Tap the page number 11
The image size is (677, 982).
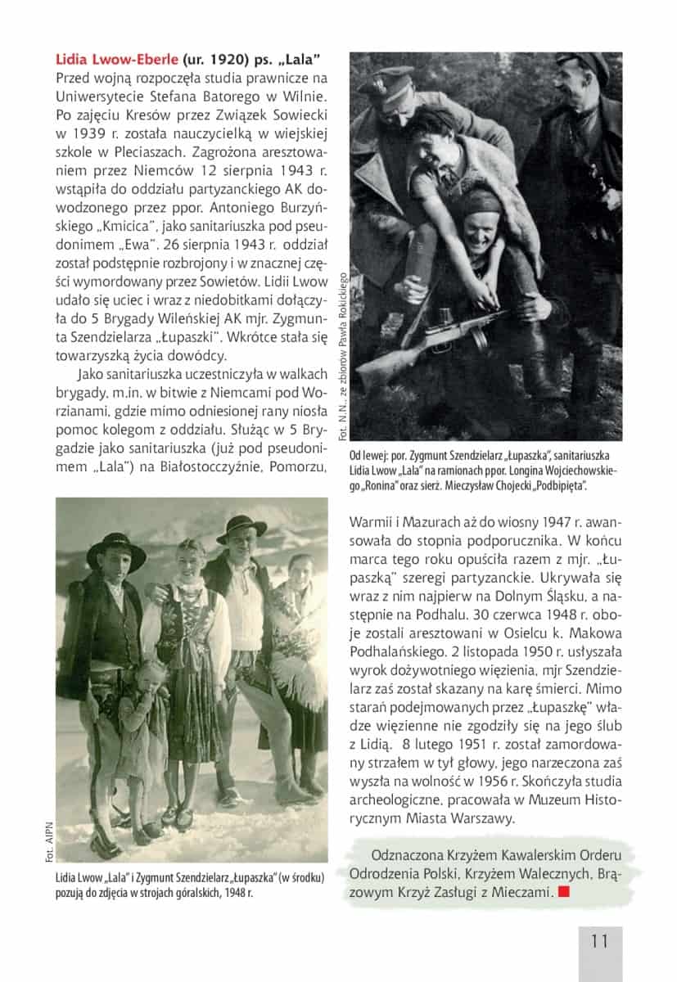pyautogui.click(x=599, y=940)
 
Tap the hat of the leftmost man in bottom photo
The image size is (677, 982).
pyautogui.click(x=116, y=547)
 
